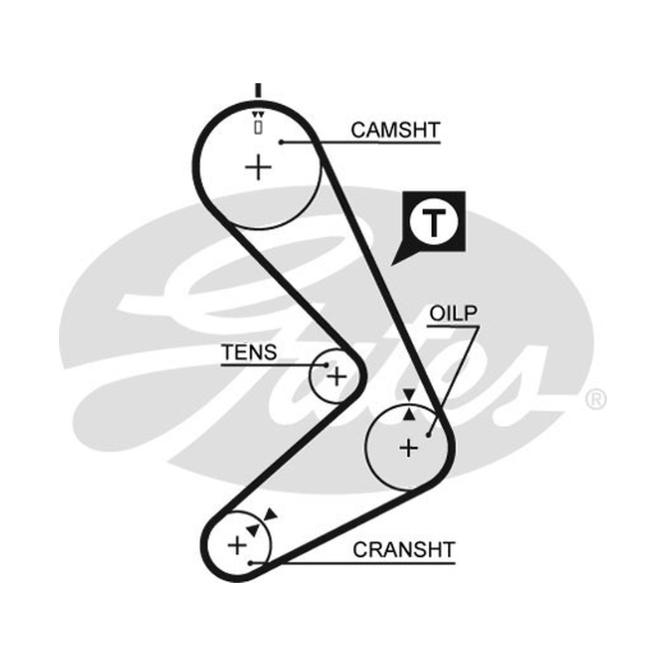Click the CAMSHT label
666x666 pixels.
[x=395, y=130]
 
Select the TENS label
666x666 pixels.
[x=249, y=352]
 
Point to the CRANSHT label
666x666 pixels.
[x=404, y=549]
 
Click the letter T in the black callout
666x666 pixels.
[x=434, y=222]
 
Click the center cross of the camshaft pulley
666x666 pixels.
[x=258, y=167]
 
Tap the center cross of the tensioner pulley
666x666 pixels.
[x=337, y=376]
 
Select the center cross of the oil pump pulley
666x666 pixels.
[x=409, y=448]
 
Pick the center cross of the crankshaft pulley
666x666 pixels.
[x=237, y=545]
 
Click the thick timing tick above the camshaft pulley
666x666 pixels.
[x=258, y=91]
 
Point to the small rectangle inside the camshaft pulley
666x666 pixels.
[x=258, y=127]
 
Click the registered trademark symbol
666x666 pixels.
[x=596, y=400]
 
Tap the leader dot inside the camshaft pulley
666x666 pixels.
[x=281, y=142]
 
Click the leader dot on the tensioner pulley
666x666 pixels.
[x=326, y=365]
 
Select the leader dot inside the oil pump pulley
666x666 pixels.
[x=429, y=435]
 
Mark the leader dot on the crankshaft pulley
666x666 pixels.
[x=251, y=564]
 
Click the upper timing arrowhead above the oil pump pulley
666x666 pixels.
[x=409, y=395]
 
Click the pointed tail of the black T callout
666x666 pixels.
[x=391, y=266]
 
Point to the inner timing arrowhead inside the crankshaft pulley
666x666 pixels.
[x=253, y=529]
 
